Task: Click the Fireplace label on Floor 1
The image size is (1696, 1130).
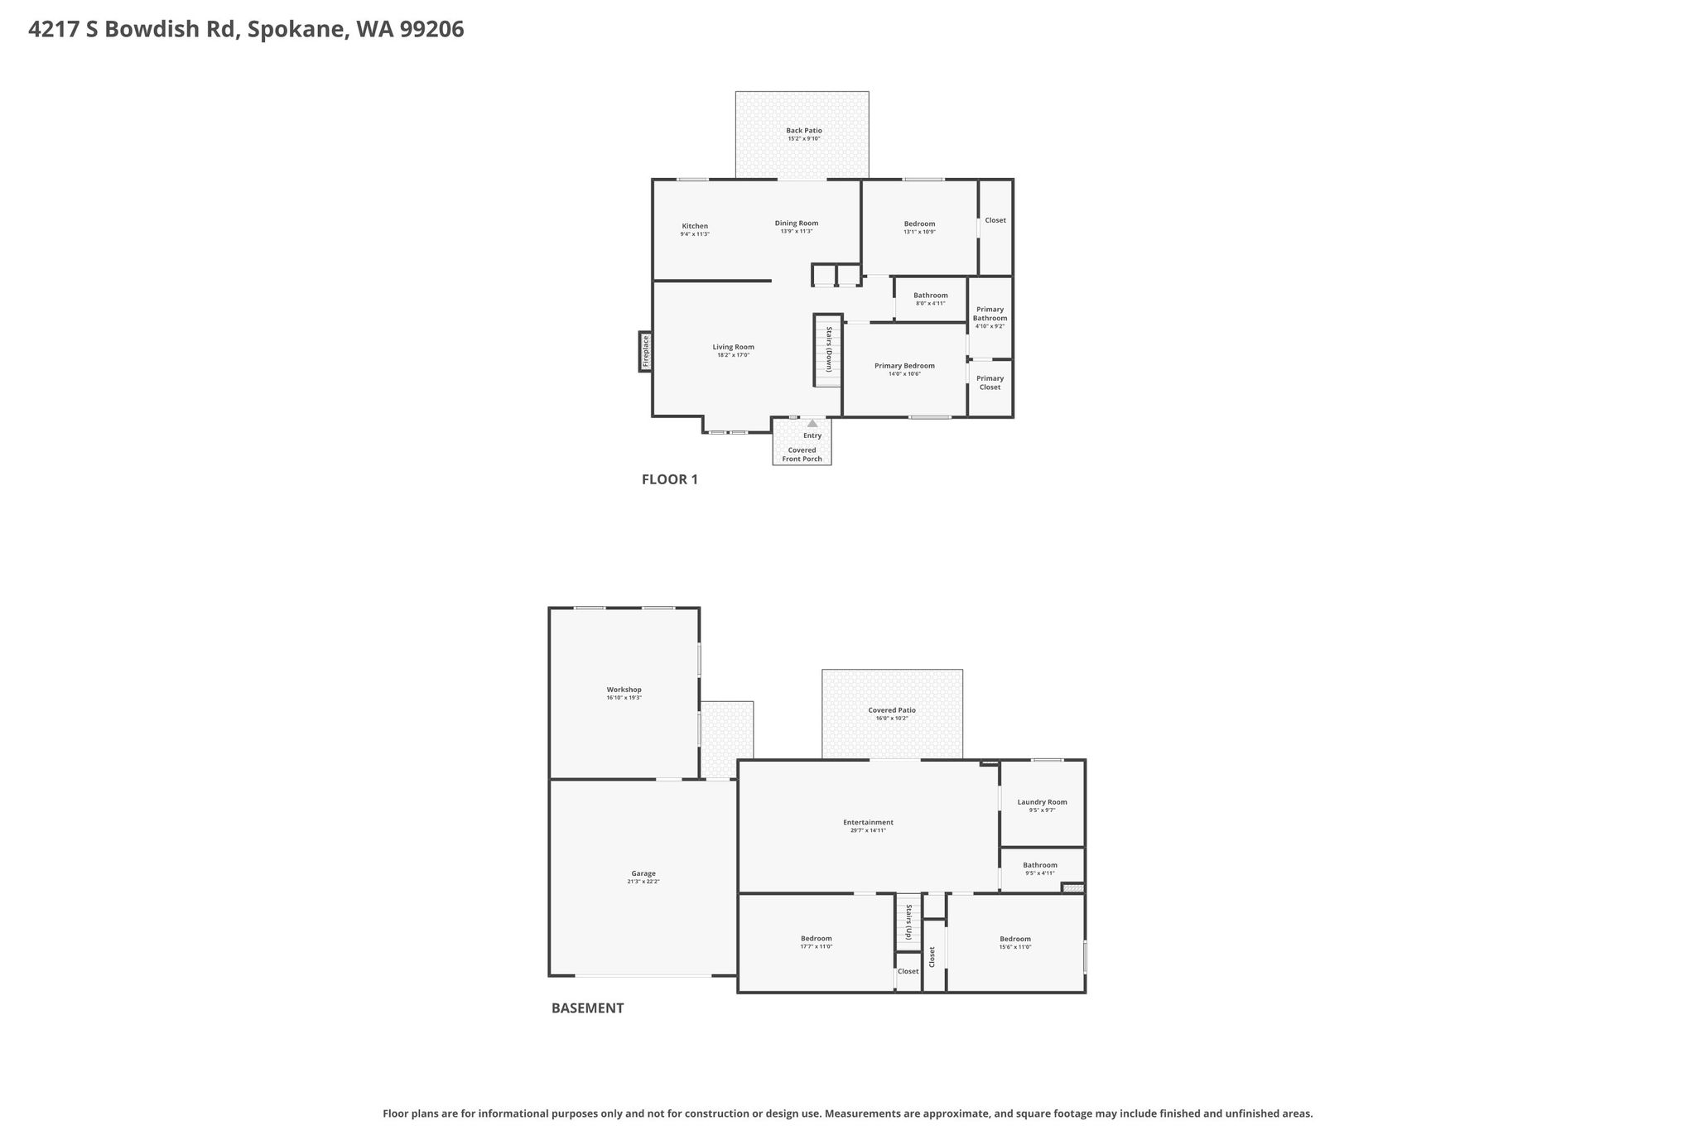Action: tap(646, 351)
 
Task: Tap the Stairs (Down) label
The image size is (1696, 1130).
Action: tap(828, 350)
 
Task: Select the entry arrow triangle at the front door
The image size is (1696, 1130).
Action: tap(812, 424)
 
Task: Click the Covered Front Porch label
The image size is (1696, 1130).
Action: tap(802, 454)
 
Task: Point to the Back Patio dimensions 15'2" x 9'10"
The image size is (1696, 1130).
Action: tap(803, 139)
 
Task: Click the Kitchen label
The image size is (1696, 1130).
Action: tap(695, 226)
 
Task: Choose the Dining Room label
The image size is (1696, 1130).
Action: tap(797, 223)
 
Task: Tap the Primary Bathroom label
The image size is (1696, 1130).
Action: tap(990, 314)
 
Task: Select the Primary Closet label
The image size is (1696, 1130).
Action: tap(990, 382)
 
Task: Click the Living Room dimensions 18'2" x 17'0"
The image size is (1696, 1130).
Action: tap(734, 355)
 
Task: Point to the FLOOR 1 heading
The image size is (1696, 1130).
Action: tap(670, 479)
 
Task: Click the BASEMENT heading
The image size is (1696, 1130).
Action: tap(588, 1008)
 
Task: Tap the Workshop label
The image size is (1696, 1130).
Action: tap(624, 690)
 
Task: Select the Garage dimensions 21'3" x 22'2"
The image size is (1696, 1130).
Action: tap(643, 882)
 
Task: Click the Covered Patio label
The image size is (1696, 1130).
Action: tap(892, 710)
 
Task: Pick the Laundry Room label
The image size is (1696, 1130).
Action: tap(1043, 801)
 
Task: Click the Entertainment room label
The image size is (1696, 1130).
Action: tap(869, 822)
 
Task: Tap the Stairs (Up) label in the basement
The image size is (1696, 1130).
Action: tap(908, 922)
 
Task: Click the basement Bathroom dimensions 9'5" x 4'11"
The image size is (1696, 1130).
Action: tap(1040, 873)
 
